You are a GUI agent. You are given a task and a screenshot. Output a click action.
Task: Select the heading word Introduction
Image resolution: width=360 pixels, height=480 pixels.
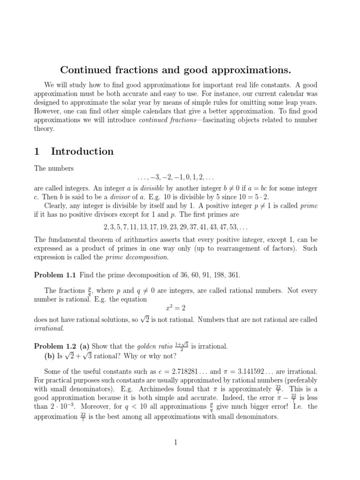82,151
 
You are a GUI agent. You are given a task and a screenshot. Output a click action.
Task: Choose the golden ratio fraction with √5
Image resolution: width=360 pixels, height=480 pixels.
181,346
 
